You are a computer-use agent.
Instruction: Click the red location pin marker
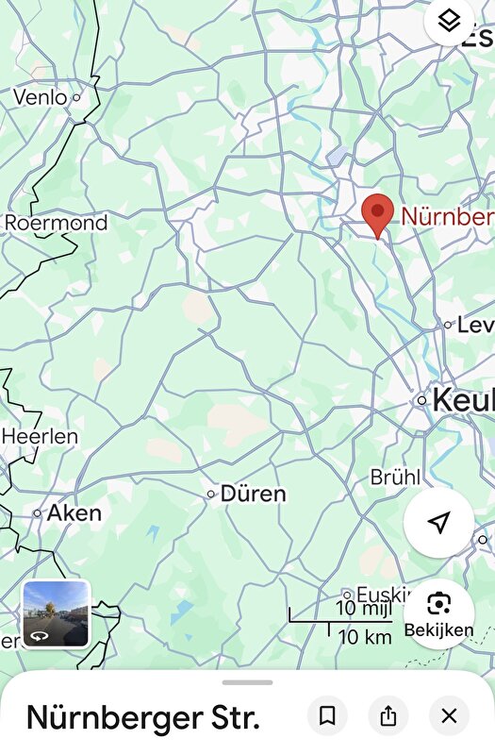(378, 213)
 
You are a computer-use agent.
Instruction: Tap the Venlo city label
(40, 97)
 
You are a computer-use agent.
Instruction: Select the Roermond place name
(57, 224)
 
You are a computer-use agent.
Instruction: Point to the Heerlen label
(40, 437)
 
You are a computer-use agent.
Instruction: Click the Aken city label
(74, 513)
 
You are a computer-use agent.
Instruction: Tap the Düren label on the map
(253, 494)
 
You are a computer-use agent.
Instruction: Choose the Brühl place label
(395, 478)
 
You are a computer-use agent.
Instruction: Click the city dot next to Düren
(211, 494)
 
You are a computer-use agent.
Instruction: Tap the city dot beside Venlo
(76, 96)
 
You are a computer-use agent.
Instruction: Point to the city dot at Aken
(38, 513)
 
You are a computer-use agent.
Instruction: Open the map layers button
(450, 20)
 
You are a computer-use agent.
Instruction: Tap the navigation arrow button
(438, 523)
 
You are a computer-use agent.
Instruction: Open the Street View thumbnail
(56, 613)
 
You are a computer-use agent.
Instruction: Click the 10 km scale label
(364, 636)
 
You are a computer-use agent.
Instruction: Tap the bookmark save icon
(327, 716)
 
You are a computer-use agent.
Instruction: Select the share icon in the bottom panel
(388, 716)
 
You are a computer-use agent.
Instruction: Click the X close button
(449, 716)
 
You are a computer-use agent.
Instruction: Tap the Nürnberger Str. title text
(142, 718)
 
